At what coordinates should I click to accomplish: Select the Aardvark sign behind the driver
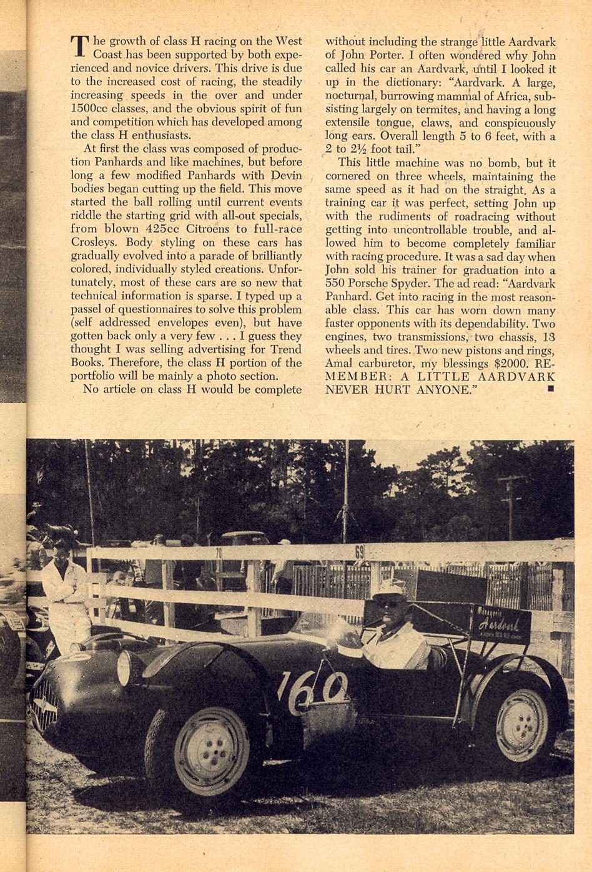tap(500, 624)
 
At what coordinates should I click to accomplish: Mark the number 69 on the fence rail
tap(359, 552)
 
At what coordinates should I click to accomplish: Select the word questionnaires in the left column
tap(160, 309)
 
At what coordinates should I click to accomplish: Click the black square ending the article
tap(550, 389)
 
